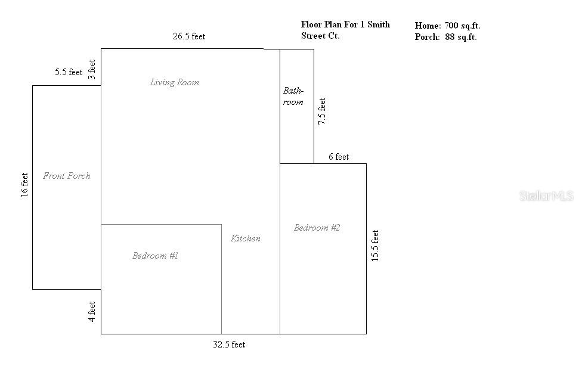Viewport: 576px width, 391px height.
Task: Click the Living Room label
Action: click(174, 82)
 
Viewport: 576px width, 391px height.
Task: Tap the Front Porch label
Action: click(67, 176)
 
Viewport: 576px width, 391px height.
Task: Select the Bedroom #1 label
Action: click(155, 256)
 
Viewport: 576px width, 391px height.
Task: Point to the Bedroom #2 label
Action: click(317, 228)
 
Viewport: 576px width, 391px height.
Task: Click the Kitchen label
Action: click(246, 238)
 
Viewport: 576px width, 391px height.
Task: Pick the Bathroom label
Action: click(293, 97)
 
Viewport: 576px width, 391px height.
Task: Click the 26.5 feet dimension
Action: click(189, 36)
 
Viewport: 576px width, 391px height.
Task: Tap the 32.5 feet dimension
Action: click(229, 345)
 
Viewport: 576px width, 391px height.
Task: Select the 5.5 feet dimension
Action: click(69, 72)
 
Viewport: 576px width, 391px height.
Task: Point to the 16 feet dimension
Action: click(24, 185)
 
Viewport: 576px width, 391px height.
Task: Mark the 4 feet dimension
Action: click(92, 312)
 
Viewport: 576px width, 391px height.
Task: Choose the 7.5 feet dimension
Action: click(322, 111)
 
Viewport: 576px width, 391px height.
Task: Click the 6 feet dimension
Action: click(339, 157)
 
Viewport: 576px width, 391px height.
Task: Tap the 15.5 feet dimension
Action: click(375, 245)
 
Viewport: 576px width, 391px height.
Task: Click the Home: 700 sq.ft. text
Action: click(447, 26)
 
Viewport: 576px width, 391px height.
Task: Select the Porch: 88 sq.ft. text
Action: click(445, 37)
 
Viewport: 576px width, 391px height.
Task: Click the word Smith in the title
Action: click(378, 24)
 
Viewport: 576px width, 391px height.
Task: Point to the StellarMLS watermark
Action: click(546, 195)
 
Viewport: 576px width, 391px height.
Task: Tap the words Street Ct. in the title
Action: click(320, 36)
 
